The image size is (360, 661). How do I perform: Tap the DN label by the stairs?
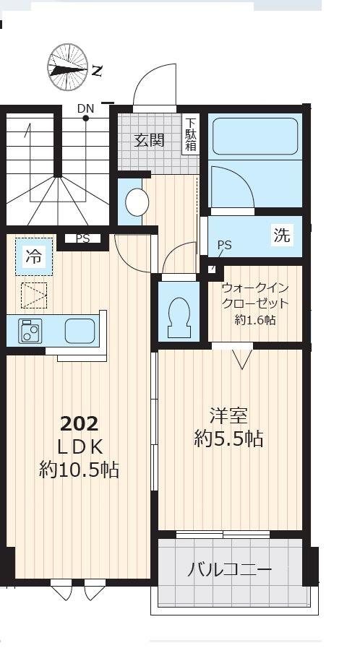[x=85, y=109]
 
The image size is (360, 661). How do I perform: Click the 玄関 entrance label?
[x=149, y=139]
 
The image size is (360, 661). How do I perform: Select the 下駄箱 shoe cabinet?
[x=191, y=135]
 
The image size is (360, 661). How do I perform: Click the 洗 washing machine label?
[x=281, y=235]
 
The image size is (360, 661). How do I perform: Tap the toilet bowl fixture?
[x=178, y=316]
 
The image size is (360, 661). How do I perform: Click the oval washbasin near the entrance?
[x=136, y=203]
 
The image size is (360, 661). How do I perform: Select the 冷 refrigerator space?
[x=34, y=256]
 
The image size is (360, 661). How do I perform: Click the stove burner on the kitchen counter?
[x=31, y=331]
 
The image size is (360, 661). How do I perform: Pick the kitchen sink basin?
[x=78, y=331]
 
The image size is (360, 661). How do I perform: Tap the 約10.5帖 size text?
[x=80, y=470]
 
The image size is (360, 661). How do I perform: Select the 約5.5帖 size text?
[x=228, y=438]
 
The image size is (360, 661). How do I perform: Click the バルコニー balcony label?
[x=229, y=570]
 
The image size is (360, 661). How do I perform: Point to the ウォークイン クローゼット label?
[x=255, y=295]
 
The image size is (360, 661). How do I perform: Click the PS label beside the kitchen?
[x=82, y=238]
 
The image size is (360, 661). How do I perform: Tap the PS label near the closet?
[x=224, y=246]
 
